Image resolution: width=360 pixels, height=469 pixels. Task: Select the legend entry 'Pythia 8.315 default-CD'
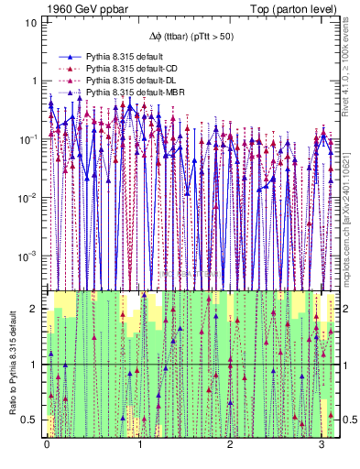click(120, 69)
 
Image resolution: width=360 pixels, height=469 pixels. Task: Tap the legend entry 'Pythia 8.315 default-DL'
click(120, 81)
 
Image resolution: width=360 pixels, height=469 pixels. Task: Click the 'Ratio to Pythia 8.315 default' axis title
click(11, 363)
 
